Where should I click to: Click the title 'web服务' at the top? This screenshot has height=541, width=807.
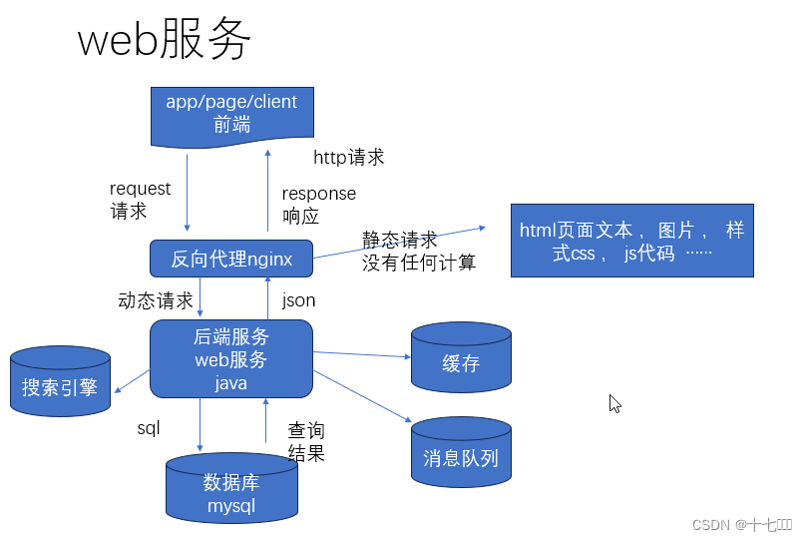click(165, 42)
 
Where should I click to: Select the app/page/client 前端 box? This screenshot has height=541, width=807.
click(231, 114)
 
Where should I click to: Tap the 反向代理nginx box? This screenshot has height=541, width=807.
click(231, 260)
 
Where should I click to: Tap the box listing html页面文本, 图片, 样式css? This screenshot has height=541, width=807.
click(631, 241)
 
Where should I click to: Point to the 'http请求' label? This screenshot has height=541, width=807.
click(348, 158)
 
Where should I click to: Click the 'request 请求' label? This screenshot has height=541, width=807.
click(140, 200)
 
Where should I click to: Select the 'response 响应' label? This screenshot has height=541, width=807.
click(318, 205)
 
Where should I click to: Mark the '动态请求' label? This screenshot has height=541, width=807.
click(155, 300)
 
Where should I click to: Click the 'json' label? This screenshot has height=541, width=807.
click(298, 299)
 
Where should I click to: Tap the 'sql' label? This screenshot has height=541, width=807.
click(149, 428)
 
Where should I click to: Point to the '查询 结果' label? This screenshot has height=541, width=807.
click(306, 441)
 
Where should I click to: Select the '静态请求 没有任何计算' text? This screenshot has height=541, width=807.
click(418, 252)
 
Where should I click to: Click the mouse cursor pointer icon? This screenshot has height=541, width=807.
click(615, 403)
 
